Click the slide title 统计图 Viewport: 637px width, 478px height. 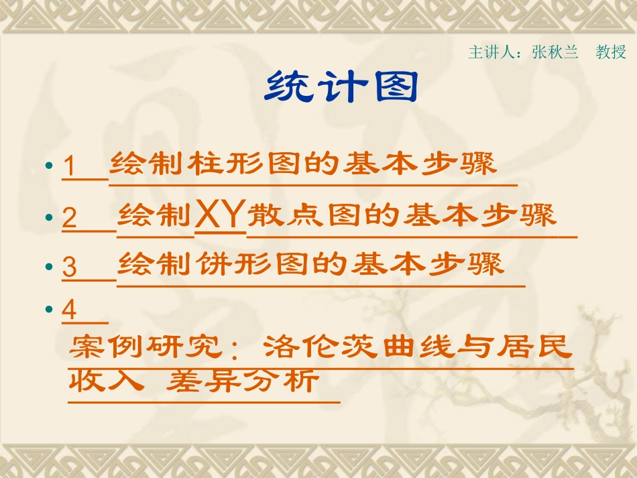pyautogui.click(x=341, y=87)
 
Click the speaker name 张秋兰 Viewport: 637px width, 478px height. pyautogui.click(x=555, y=52)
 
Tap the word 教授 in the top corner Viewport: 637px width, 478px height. pyautogui.click(x=611, y=52)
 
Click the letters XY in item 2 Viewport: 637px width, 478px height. pyautogui.click(x=220, y=217)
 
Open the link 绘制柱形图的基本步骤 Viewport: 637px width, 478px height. pyautogui.click(x=303, y=164)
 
